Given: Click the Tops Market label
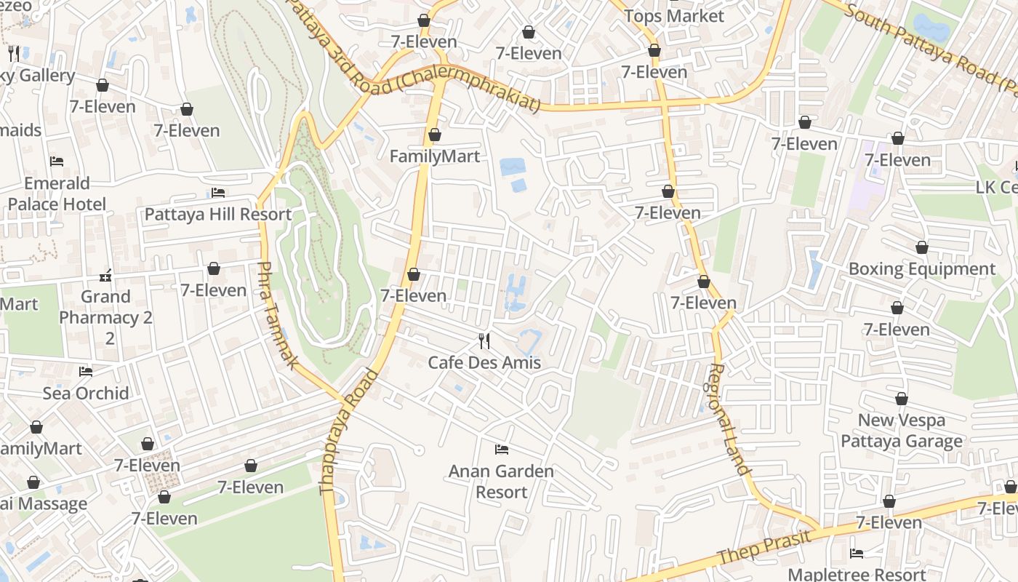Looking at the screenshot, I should point(674,16).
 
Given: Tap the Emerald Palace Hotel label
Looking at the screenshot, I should point(57,194).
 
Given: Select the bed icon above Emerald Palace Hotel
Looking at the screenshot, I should point(57,161).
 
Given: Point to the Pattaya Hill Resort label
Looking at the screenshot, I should point(218,215).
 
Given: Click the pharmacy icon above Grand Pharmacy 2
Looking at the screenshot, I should point(106,276).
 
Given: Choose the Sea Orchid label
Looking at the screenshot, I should point(86,394).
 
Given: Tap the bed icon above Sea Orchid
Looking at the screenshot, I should point(86,372).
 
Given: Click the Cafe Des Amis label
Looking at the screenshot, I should point(484,362).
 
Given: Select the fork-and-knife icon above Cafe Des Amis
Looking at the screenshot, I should point(484,340).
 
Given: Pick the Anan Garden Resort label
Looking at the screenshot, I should point(501,482).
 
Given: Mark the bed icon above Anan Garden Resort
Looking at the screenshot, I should point(501,450).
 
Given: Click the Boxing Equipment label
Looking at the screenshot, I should point(921,269).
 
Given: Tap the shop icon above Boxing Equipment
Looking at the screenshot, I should point(922,247).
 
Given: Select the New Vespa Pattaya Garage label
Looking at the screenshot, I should point(902,431).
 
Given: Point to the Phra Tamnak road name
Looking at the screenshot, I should point(277,315).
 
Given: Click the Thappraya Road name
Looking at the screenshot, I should point(350,432).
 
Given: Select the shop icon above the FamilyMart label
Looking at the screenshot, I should point(435,135).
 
